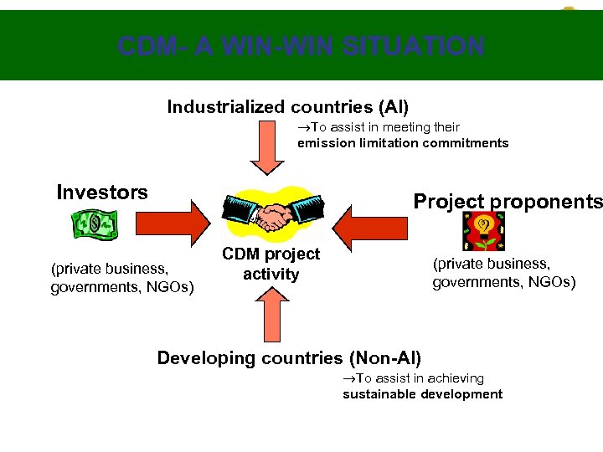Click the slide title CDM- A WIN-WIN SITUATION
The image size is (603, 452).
tap(301, 45)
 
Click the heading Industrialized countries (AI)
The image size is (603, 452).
tap(288, 107)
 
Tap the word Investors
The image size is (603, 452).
tap(101, 193)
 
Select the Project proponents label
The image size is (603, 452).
tap(508, 202)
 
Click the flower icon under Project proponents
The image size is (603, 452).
tap(484, 230)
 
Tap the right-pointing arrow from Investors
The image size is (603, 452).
tap(165, 226)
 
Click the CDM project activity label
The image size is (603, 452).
tap(271, 264)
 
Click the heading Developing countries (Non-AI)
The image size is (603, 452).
tap(289, 358)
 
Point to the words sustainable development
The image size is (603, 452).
tap(422, 394)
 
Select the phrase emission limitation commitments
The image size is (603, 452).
tap(403, 143)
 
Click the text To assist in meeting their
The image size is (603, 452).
tap(379, 127)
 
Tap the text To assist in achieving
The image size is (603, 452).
tap(413, 378)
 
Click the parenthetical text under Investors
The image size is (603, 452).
tap(122, 279)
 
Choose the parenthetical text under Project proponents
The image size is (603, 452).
tap(503, 273)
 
